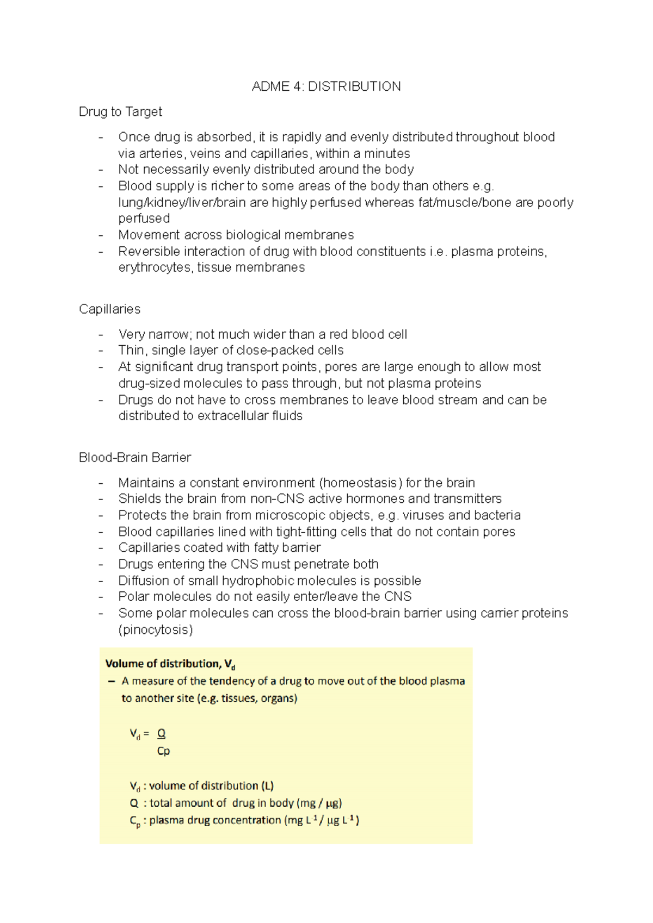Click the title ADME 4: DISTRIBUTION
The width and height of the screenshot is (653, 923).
(x=326, y=86)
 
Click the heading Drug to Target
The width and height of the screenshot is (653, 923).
(x=120, y=112)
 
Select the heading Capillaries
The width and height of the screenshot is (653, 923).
(x=109, y=309)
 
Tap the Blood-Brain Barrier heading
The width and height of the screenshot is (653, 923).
(x=134, y=458)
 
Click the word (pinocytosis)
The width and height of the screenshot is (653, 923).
(x=156, y=630)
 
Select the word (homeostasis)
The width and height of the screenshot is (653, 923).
(x=361, y=483)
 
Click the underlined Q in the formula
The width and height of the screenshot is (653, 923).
(x=161, y=734)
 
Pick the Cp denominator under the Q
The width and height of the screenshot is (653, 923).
(x=163, y=751)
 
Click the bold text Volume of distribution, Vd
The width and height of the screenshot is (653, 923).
(x=170, y=664)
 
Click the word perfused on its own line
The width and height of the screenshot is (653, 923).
(x=144, y=219)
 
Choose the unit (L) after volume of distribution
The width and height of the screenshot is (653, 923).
(x=267, y=786)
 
